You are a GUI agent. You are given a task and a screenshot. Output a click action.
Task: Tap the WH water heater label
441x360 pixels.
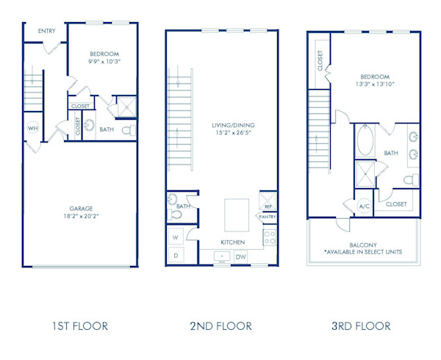click(32, 128)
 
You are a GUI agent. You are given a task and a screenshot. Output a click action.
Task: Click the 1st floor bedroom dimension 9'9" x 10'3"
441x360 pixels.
click(104, 62)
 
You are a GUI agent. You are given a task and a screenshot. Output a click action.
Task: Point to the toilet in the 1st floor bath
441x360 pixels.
click(127, 131)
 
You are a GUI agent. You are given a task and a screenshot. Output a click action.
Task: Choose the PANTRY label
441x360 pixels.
click(268, 217)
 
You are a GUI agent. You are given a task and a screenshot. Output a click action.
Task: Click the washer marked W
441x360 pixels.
click(176, 238)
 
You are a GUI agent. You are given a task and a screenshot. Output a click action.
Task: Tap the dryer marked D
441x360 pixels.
click(176, 255)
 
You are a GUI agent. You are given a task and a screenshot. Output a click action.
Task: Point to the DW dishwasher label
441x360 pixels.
click(241, 256)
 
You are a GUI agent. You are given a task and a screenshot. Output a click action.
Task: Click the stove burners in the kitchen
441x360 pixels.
click(270, 237)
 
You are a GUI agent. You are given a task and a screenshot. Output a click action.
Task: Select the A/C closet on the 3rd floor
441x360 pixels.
click(364, 206)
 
